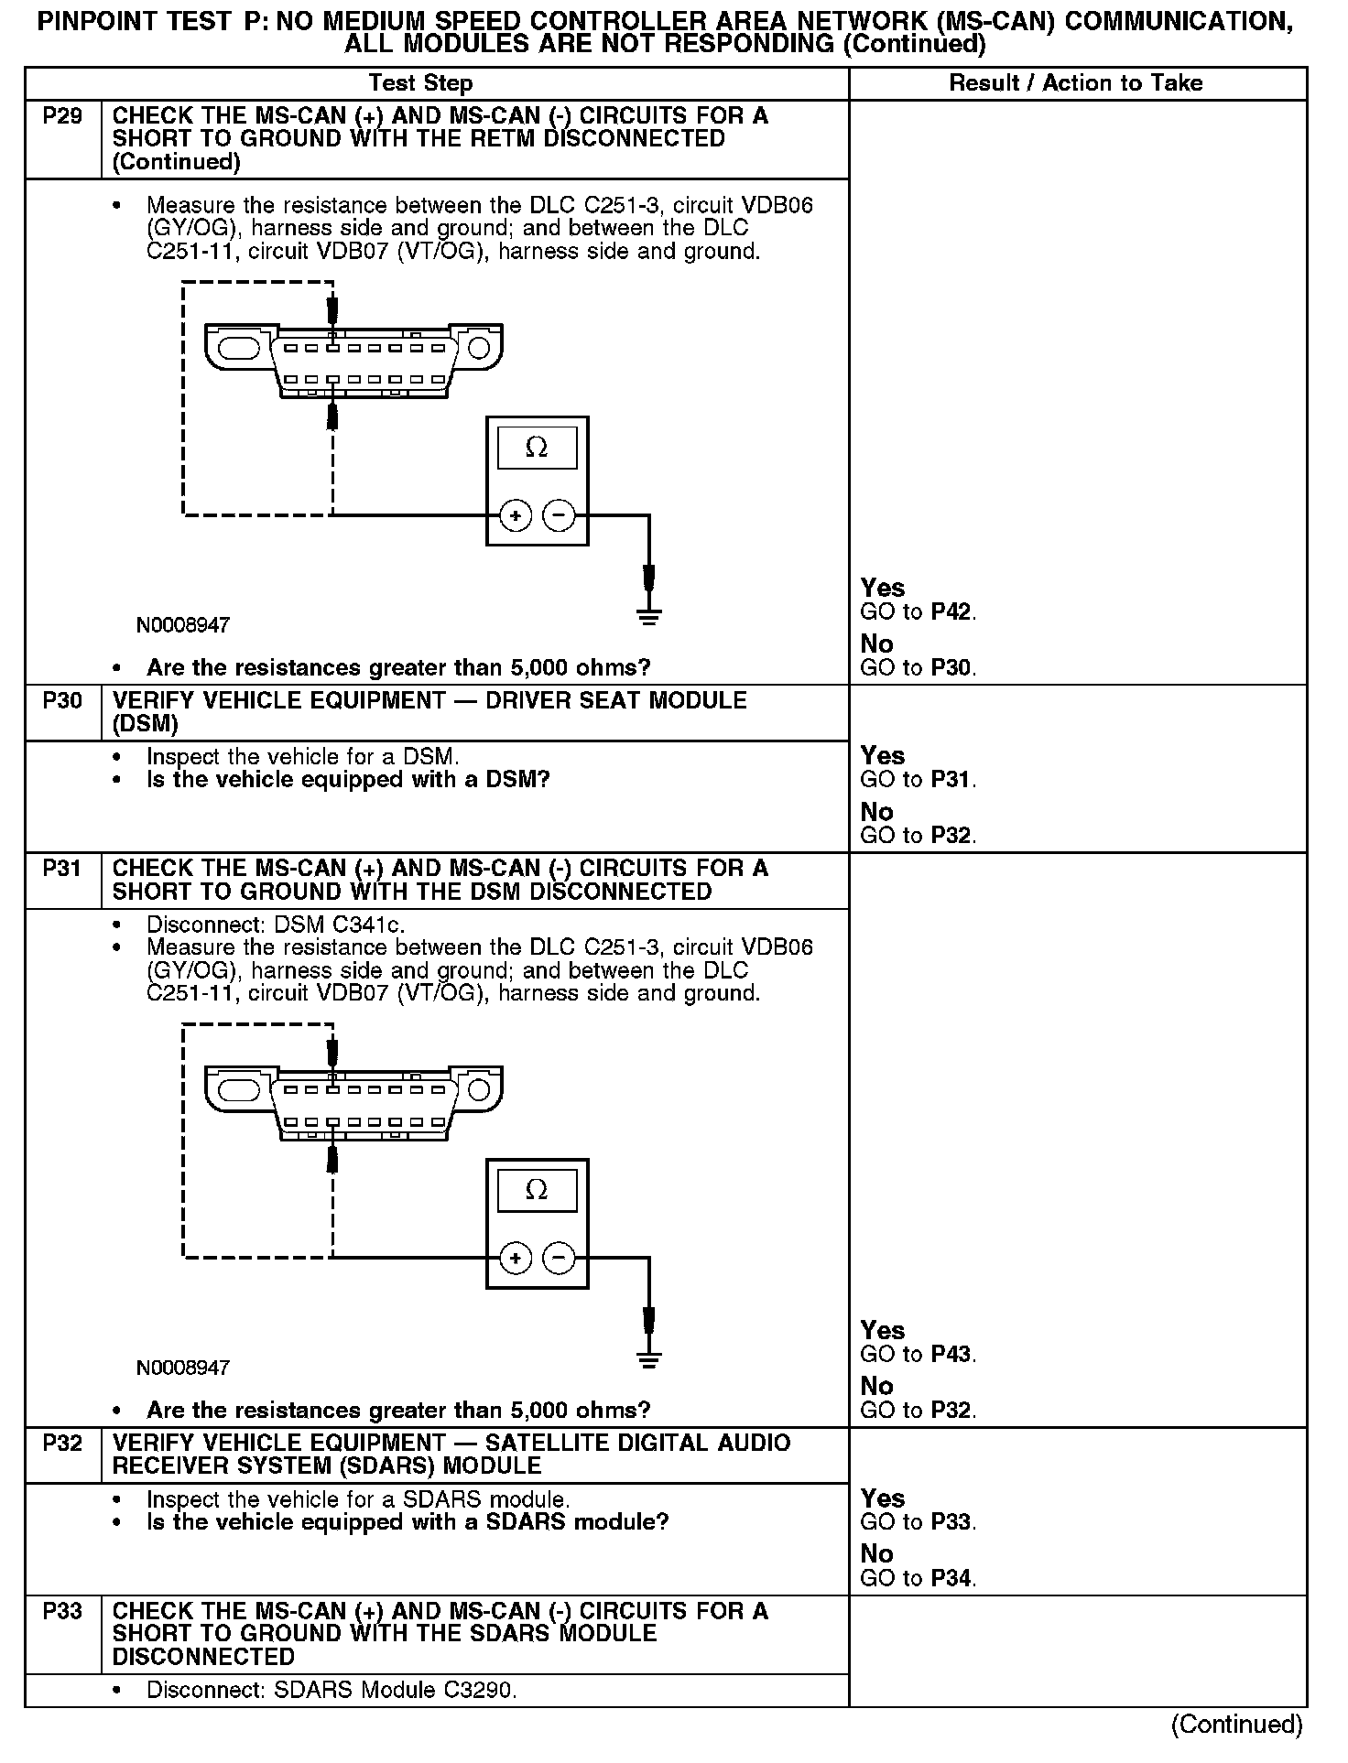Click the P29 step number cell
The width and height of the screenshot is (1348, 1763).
tap(62, 116)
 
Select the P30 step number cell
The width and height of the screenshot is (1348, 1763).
tap(62, 701)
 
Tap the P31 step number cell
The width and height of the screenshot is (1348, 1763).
tap(62, 869)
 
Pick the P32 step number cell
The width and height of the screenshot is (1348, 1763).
tap(62, 1444)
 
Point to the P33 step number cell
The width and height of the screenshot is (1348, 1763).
tap(62, 1611)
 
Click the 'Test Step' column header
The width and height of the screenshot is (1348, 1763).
tap(420, 83)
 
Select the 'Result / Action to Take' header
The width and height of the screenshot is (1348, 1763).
tap(1075, 83)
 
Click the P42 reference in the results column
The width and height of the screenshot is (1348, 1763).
tap(952, 612)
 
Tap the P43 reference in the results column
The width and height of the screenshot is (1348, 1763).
tap(952, 1355)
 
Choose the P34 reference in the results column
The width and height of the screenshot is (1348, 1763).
tap(952, 1578)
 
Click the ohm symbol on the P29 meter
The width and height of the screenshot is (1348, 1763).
tap(537, 448)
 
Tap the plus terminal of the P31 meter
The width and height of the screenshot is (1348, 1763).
tap(516, 1259)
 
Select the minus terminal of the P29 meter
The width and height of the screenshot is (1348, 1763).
tap(559, 516)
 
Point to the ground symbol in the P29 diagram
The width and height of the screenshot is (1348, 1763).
tap(649, 616)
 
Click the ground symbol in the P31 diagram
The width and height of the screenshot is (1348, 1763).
tap(649, 1358)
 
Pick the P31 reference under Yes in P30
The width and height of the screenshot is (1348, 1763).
tap(952, 780)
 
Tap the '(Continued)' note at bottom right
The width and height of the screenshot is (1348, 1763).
tap(1236, 1725)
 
